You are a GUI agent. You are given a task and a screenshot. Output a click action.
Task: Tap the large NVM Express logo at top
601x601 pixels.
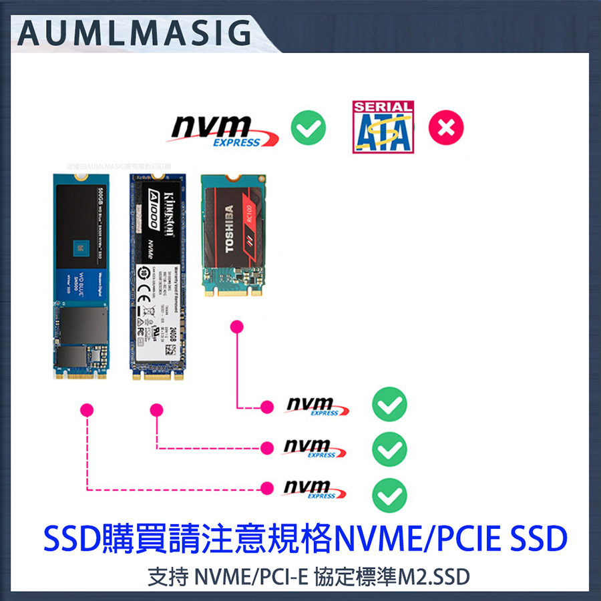[x=220, y=130]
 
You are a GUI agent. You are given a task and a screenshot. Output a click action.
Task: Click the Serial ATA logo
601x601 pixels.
[x=383, y=127]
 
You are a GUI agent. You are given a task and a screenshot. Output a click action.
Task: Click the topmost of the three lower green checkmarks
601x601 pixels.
[x=389, y=405]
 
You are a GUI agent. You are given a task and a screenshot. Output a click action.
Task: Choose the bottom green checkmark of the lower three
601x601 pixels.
[x=389, y=494]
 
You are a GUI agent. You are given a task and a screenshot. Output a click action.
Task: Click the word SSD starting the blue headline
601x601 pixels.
[x=70, y=538]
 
